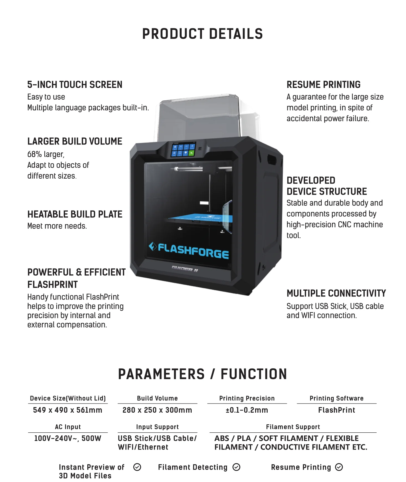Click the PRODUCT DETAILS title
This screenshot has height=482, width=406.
pyautogui.click(x=202, y=34)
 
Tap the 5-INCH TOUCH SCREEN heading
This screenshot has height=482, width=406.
pyautogui.click(x=75, y=85)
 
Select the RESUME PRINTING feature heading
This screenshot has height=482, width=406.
pyautogui.click(x=323, y=85)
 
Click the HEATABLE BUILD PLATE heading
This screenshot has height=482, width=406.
pyautogui.click(x=75, y=214)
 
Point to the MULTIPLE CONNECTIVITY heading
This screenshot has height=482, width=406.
pyautogui.click(x=336, y=293)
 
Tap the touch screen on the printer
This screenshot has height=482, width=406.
pyautogui.click(x=183, y=150)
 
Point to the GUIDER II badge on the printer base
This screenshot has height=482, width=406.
pyautogui.click(x=185, y=268)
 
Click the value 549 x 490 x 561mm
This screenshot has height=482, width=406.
pyautogui.click(x=68, y=410)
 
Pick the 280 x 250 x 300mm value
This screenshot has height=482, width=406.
pyautogui.click(x=157, y=410)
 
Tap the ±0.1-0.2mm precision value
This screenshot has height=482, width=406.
pyautogui.click(x=247, y=410)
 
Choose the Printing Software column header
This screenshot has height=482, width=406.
pyautogui.click(x=336, y=399)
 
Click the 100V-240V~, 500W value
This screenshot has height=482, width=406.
pyautogui.click(x=68, y=438)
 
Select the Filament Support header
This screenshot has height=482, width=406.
pyautogui.click(x=293, y=427)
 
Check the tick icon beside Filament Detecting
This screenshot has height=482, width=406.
pyautogui.click(x=236, y=467)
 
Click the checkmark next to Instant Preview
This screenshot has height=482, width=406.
pyautogui.click(x=137, y=467)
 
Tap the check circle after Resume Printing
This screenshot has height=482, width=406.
pyautogui.click(x=339, y=467)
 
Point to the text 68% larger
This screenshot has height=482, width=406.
pyautogui.click(x=46, y=154)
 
